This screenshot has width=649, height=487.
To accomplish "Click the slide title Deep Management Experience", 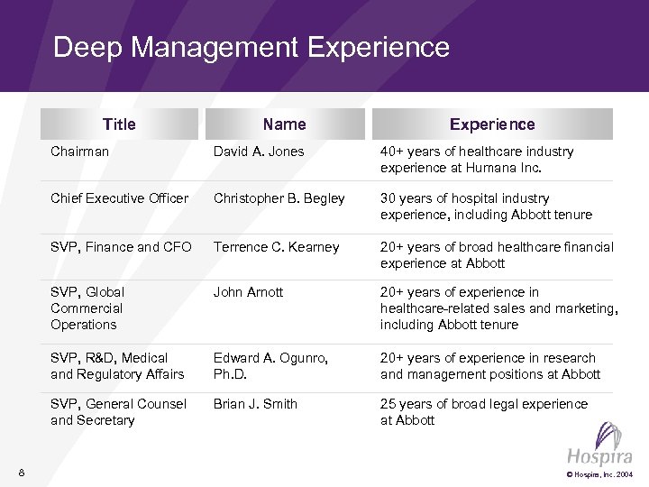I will click(251, 47).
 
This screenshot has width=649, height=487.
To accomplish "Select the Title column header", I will click(119, 124).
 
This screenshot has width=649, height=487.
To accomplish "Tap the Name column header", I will click(284, 124).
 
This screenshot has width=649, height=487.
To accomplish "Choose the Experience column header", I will click(492, 124).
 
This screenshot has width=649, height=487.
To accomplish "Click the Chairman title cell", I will click(79, 152).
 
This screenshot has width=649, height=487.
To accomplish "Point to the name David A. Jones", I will click(259, 152).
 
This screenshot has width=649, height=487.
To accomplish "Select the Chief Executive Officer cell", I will click(119, 198).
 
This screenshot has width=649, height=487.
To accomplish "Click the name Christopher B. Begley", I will click(279, 198).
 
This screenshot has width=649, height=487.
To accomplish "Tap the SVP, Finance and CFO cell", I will click(121, 247).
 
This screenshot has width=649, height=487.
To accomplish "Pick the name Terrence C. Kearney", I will click(276, 247).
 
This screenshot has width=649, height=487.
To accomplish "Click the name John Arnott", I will click(248, 292).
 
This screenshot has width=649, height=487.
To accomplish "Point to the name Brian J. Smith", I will click(255, 404).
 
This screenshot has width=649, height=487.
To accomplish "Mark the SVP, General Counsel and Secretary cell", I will click(118, 412).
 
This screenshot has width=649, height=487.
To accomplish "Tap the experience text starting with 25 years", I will click(483, 412).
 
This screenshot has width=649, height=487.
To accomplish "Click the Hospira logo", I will click(599, 447).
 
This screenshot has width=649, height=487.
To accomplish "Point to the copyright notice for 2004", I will click(599, 474).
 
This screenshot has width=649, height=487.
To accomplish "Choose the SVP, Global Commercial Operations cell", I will click(87, 308).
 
